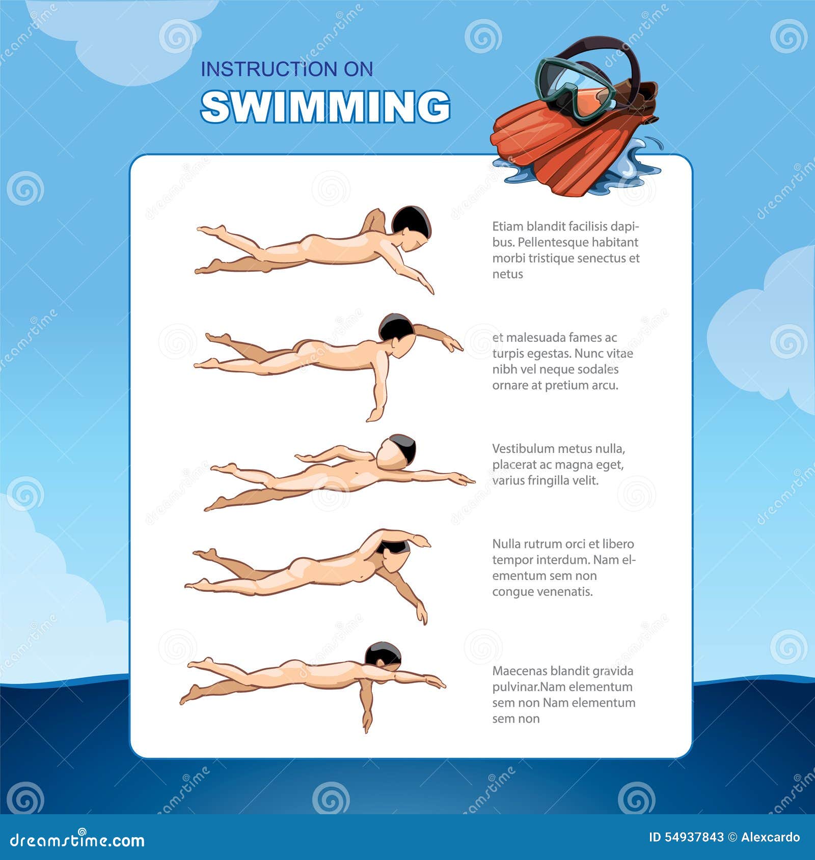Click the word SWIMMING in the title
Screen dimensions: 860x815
coord(325,107)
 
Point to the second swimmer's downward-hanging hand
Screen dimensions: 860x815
coord(373,414)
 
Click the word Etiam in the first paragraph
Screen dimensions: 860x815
coord(507,226)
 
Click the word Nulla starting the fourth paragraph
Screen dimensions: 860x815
coord(506,544)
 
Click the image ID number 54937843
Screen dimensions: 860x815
coord(694,837)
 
